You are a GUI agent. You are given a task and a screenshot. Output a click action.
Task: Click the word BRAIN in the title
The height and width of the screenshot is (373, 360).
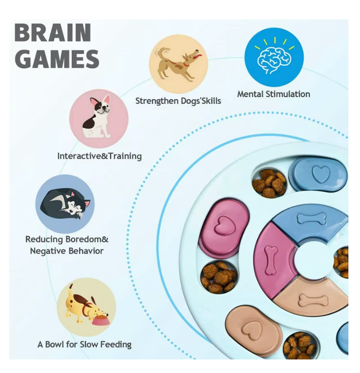(x=53, y=33)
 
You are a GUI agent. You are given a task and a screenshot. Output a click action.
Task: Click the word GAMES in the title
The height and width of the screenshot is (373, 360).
(x=57, y=59)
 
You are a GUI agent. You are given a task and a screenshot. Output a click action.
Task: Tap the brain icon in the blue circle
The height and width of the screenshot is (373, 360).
(x=274, y=57)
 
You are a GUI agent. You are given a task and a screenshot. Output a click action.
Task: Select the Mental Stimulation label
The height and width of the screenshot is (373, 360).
(x=274, y=94)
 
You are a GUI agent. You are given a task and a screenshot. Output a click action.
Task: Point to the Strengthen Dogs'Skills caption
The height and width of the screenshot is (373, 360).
(x=178, y=101)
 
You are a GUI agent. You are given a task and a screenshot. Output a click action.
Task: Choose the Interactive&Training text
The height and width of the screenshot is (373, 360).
(x=100, y=156)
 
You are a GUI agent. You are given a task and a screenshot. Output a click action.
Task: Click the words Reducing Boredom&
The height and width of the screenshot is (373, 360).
(x=67, y=239)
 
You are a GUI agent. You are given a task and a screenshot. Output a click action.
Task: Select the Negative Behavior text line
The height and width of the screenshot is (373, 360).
(x=67, y=251)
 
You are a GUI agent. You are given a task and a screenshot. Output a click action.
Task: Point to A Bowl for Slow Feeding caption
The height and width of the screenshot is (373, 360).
(x=85, y=344)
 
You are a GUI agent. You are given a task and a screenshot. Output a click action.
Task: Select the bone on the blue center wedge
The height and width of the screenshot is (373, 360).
(x=312, y=219)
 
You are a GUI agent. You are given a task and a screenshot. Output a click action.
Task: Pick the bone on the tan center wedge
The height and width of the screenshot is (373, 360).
(x=313, y=300)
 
